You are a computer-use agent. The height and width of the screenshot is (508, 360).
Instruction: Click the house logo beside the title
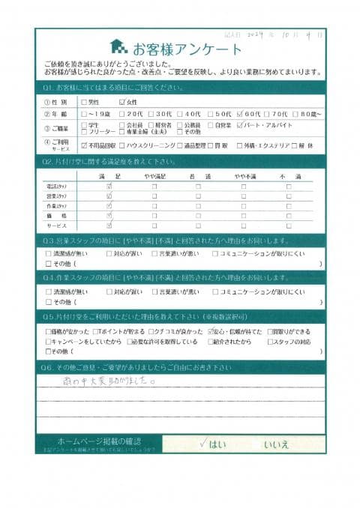(118, 48)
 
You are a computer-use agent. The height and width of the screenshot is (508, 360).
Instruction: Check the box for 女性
(122, 101)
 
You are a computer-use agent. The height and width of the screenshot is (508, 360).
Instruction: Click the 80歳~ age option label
(307, 114)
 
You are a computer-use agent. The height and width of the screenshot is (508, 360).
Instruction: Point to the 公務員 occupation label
(193, 126)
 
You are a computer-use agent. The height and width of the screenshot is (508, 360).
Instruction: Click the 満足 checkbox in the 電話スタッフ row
(110, 185)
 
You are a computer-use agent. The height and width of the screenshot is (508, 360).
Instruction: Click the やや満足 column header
(154, 173)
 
